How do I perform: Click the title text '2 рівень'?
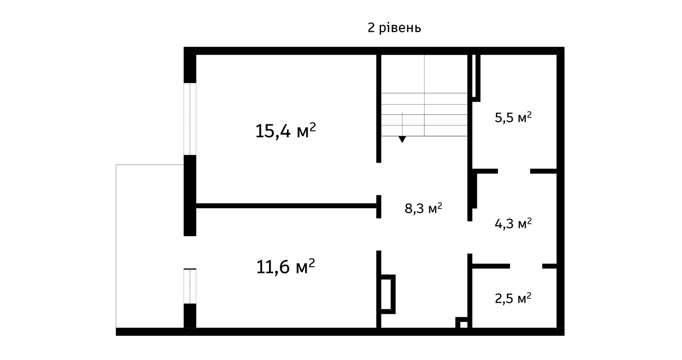coord(394,28)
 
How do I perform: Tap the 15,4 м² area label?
coord(285,131)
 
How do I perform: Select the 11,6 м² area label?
coord(285,267)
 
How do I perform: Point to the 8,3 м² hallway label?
coord(423,208)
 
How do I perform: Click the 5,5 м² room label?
coord(513,117)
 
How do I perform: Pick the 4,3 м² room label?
coord(513,224)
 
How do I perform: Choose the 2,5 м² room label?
coord(513,299)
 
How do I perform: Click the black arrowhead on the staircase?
coord(402,139)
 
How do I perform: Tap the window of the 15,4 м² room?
coord(190,119)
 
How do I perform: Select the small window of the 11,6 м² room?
coord(190,286)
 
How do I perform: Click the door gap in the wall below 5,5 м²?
coord(514,171)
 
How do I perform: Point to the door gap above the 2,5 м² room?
coord(526,266)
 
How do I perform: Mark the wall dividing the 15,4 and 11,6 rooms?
coord(286,206)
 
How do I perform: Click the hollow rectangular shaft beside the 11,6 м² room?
coord(388,294)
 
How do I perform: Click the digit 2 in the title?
coord(371,28)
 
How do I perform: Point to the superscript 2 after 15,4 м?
coord(312,127)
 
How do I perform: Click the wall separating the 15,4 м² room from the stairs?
coord(379,109)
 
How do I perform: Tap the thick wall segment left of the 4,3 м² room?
coord(474,191)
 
